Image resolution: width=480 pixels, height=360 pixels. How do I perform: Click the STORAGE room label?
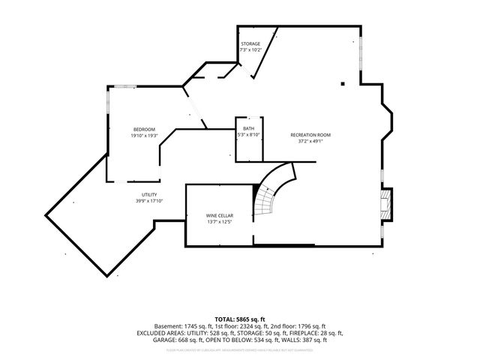pos(250,44)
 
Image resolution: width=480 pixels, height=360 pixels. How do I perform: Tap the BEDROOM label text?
pos(145,130)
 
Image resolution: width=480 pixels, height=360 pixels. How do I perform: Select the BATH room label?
pos(248,129)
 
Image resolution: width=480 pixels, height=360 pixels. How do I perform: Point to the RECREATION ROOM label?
pos(310,135)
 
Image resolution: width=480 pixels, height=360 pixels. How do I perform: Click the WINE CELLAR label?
pos(220,216)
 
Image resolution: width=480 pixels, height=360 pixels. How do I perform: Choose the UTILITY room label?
pos(149,195)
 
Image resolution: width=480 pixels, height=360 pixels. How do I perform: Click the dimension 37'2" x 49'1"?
pos(310,141)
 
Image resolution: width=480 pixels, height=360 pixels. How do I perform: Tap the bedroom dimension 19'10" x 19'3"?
pos(145,136)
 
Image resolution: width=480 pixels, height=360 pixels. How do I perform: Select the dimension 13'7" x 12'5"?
pos(220,222)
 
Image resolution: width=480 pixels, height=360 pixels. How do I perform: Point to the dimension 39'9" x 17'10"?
pos(149,201)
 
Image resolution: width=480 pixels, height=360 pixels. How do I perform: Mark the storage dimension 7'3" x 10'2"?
pos(250,50)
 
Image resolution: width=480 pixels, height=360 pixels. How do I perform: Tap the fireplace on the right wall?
pos(386,203)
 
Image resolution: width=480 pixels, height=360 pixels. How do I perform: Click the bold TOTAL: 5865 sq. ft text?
pos(239,319)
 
